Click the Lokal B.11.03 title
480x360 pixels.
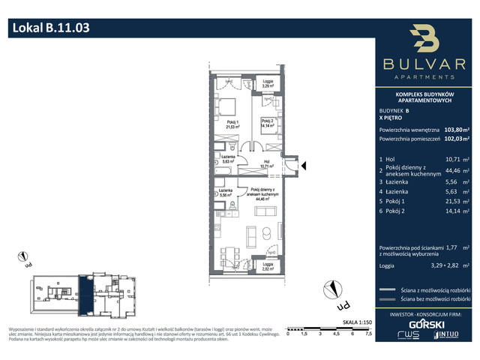[52, 29]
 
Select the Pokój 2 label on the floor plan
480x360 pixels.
[268, 124]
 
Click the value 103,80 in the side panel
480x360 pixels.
[453, 128]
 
